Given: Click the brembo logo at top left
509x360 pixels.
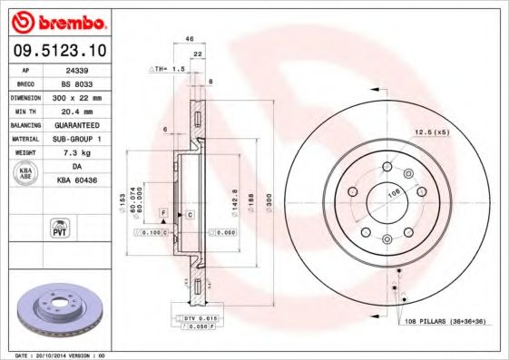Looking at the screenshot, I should coord(57,21).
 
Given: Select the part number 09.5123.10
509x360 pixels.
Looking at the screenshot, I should coord(57,51).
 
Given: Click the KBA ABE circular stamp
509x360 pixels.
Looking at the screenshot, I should coord(26,173).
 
